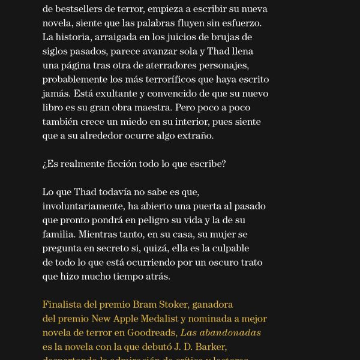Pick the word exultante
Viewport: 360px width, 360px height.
coord(114,94)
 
